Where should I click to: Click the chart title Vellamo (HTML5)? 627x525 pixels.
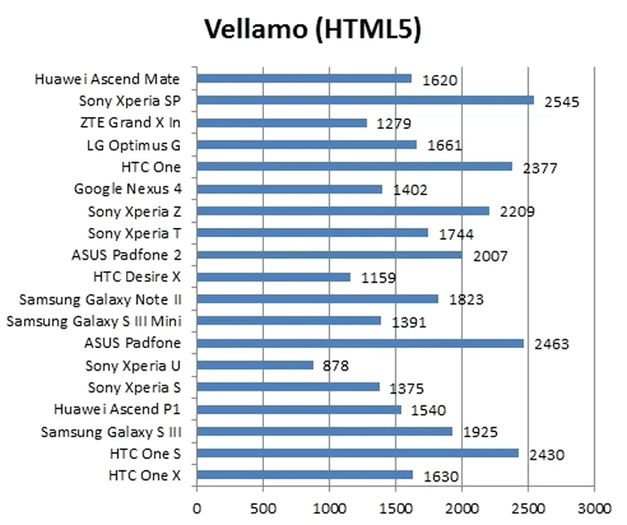tap(313, 29)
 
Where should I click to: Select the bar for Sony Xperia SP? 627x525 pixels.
tap(365, 100)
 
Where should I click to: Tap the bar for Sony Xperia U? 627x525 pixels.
tap(255, 365)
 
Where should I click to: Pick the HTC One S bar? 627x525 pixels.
tap(358, 453)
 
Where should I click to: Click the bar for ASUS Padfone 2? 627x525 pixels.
tap(329, 255)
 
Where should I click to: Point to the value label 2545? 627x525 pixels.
tap(562, 102)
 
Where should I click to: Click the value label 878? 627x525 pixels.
tap(335, 366)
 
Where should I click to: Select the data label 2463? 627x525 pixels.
tap(551, 343)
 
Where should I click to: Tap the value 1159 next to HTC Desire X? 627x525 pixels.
tap(378, 277)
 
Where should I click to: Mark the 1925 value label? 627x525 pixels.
tap(480, 432)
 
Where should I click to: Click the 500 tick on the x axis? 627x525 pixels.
tap(262, 509)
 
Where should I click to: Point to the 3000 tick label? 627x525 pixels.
tap(594, 509)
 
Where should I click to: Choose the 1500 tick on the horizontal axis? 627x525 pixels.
tap(395, 509)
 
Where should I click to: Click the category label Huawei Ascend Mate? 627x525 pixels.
tap(107, 79)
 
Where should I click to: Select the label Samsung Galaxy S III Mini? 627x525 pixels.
tap(94, 321)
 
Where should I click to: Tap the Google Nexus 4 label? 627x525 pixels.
tap(128, 188)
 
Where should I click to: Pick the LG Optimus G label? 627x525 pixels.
tap(134, 145)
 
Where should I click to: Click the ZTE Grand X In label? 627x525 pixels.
tap(130, 122)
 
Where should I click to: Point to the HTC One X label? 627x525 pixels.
tap(145, 475)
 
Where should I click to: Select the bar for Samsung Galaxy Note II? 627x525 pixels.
tap(317, 298)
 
